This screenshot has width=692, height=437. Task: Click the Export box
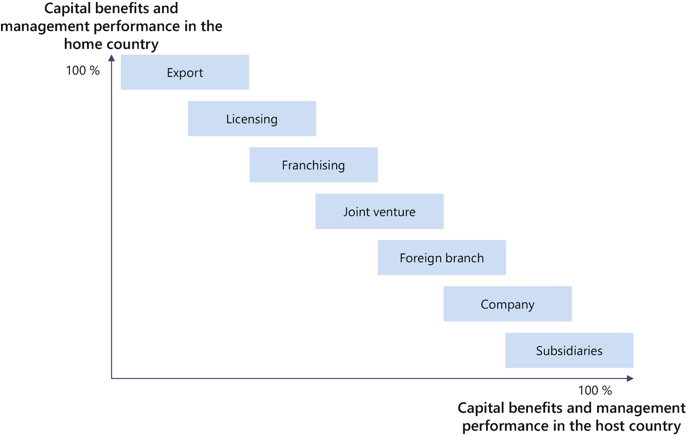coord(185,73)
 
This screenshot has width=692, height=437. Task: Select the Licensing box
coord(252,119)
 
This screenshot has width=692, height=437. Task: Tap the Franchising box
coord(313,165)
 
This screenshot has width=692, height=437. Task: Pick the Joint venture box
coord(380,212)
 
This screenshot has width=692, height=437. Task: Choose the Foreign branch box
coord(442,258)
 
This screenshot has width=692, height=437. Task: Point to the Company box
coord(507,304)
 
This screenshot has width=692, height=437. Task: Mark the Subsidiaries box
coord(569,350)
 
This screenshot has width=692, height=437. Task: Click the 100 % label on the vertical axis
coord(83,71)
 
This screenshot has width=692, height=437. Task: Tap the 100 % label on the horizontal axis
coord(595,391)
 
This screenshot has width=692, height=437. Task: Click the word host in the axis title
coord(598,425)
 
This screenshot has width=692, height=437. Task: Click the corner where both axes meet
coord(112,378)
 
